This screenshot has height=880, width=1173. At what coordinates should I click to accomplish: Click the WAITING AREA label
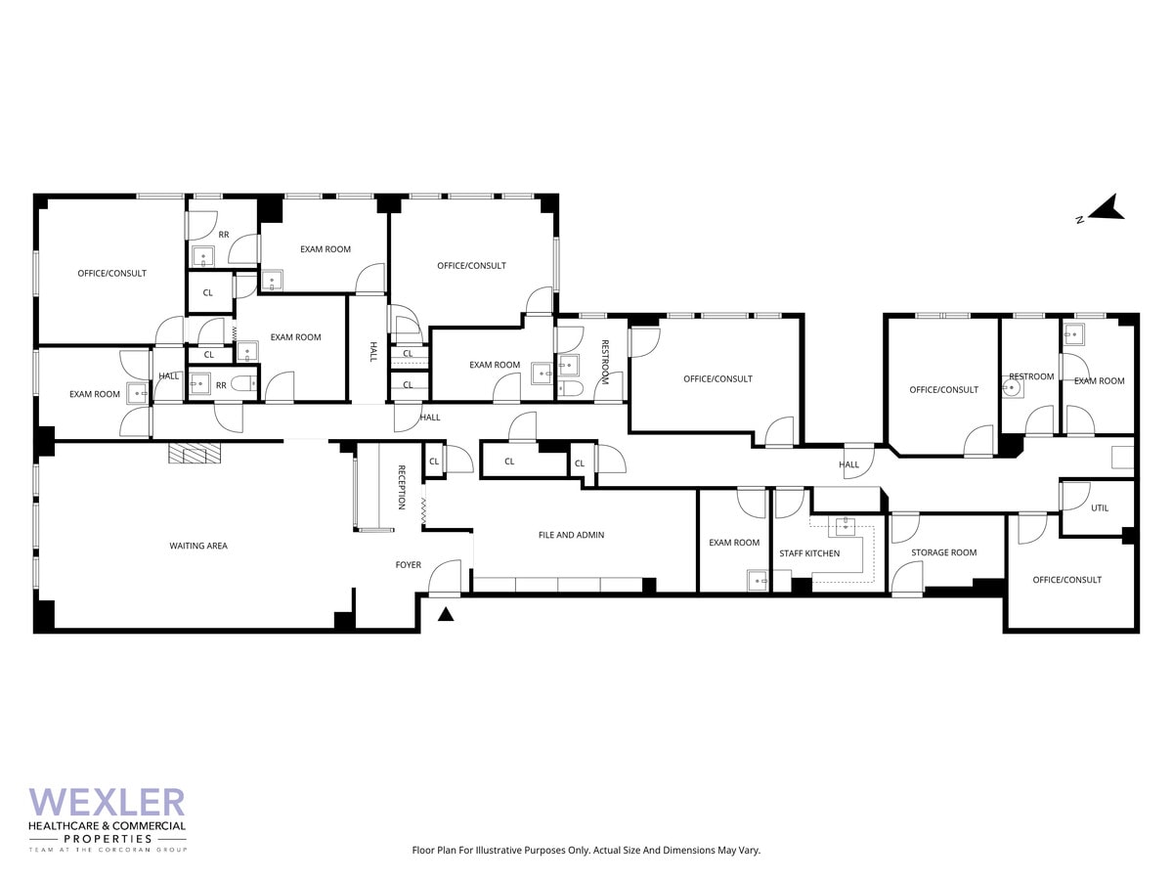198,546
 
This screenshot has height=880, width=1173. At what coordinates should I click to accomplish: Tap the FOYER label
409,565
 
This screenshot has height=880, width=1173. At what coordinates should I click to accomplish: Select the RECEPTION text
401,487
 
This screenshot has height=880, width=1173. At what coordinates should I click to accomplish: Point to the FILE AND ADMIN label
572,535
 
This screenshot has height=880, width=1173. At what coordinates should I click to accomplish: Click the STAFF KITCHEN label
809,553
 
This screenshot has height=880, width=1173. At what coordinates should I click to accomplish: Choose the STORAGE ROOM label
944,552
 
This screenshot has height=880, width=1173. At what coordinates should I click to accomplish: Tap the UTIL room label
1100,508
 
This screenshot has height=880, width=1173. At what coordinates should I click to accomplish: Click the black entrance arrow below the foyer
446,615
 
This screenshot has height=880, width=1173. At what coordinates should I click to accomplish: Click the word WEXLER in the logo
108,803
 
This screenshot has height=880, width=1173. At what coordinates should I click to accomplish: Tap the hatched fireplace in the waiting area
195,453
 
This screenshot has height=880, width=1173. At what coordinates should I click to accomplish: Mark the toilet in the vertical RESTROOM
572,389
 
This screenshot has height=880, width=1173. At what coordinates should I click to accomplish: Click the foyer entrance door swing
447,576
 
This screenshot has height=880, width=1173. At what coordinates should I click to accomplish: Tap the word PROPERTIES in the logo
108,839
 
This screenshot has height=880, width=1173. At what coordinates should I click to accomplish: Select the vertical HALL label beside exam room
372,352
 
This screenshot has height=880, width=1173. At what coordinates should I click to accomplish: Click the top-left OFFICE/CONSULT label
112,273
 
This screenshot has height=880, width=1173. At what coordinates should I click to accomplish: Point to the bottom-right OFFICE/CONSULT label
1067,580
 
